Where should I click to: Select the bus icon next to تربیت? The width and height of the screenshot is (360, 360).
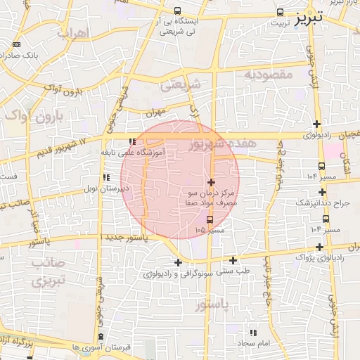[x=281, y=12]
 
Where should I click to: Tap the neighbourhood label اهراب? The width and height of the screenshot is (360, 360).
[x=72, y=33]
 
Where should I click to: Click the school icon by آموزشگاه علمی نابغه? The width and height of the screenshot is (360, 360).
[x=131, y=141]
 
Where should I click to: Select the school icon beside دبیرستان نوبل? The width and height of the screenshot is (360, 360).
[x=106, y=178]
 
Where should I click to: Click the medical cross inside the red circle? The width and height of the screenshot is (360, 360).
[x=211, y=182]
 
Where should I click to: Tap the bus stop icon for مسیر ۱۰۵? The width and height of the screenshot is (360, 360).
[x=209, y=219]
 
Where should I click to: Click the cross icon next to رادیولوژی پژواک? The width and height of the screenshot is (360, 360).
[x=321, y=247]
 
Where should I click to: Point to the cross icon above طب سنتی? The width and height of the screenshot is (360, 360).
[x=233, y=260]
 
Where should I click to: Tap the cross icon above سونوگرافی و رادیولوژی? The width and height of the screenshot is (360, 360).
[x=179, y=263]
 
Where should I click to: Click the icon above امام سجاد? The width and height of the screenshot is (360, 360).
[x=253, y=332]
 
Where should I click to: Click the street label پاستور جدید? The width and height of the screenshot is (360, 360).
[x=127, y=238]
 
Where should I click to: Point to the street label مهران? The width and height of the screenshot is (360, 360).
[x=155, y=111]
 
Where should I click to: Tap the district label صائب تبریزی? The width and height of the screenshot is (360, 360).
[x=47, y=271]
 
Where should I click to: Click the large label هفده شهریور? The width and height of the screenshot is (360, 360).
[x=224, y=143]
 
